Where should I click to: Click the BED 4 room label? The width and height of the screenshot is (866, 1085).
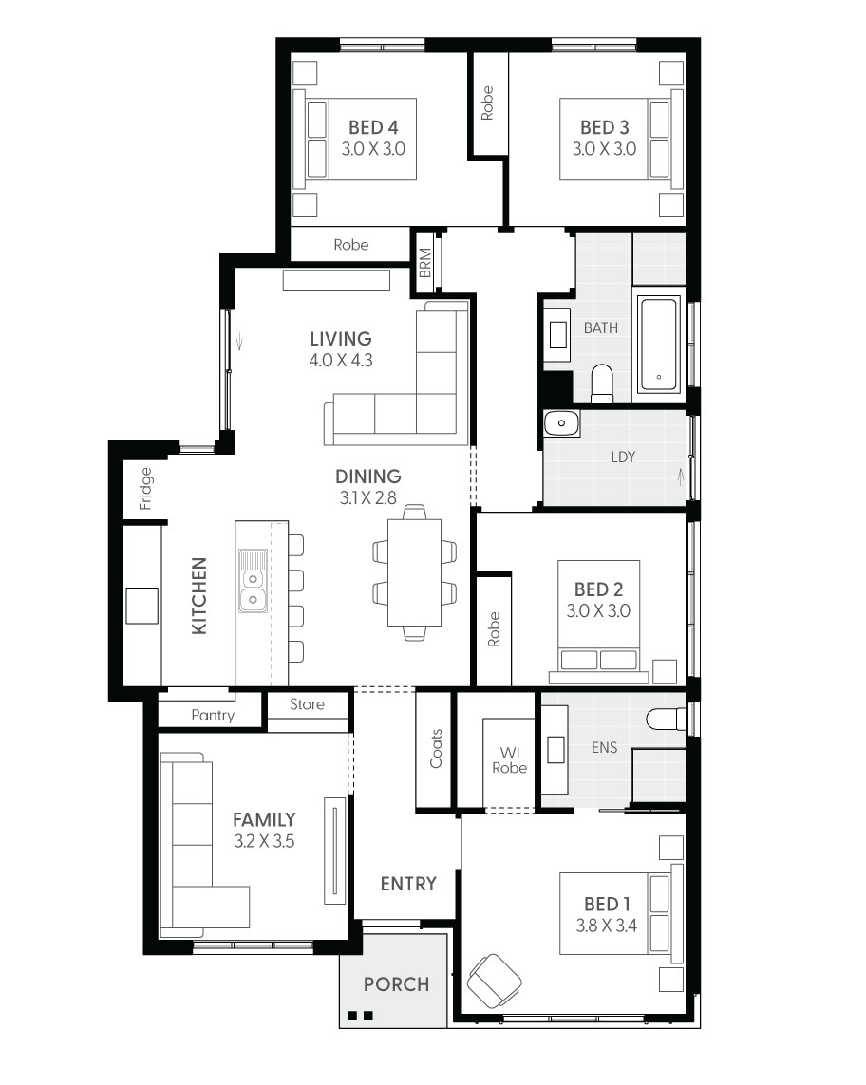coord(373,127)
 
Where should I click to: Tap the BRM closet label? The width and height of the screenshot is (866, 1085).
coord(425,263)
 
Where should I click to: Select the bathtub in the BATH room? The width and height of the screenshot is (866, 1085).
coord(658,345)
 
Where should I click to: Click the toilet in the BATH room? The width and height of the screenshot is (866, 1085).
coord(602,383)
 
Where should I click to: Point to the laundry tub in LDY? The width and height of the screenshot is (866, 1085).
coord(561,422)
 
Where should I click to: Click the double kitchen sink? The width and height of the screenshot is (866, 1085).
coord(253,581)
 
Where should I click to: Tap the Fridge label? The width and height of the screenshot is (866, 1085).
coord(145,489)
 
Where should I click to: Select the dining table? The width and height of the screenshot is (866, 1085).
coord(414,572)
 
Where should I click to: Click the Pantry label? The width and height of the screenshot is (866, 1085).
coord(213,715)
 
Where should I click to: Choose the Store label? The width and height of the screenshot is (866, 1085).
coord(307,703)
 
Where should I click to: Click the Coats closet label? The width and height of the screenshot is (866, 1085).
coord(436,748)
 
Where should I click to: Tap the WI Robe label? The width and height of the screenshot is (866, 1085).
coord(510,759)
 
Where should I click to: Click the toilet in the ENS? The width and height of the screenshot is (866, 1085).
coord(666,719)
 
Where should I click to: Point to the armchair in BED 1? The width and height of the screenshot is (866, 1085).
coord(495,982)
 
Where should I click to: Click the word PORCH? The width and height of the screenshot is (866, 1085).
coord(397,984)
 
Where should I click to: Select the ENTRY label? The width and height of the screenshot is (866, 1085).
coord(408,884)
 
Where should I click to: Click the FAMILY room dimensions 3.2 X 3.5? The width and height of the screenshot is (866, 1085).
coord(264,841)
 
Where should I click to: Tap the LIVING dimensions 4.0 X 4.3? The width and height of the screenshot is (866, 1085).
coord(341,360)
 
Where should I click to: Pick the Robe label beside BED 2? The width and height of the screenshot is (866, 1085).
coord(494,629)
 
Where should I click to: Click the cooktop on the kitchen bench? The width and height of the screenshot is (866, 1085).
coord(141,606)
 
